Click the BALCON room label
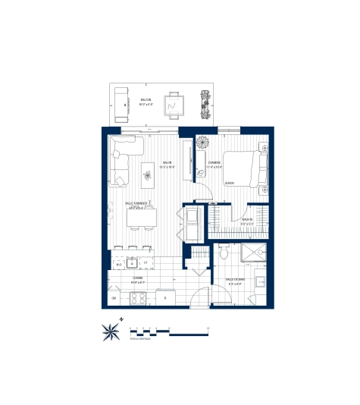pyautogui.click(x=147, y=100)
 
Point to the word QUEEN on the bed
pyautogui.click(x=229, y=183)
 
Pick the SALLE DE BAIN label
pyautogui.click(x=234, y=280)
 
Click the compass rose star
pyautogui.click(x=111, y=330)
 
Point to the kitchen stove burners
pyautogui.click(x=140, y=298)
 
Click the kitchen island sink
pyautogui.click(x=131, y=263)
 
